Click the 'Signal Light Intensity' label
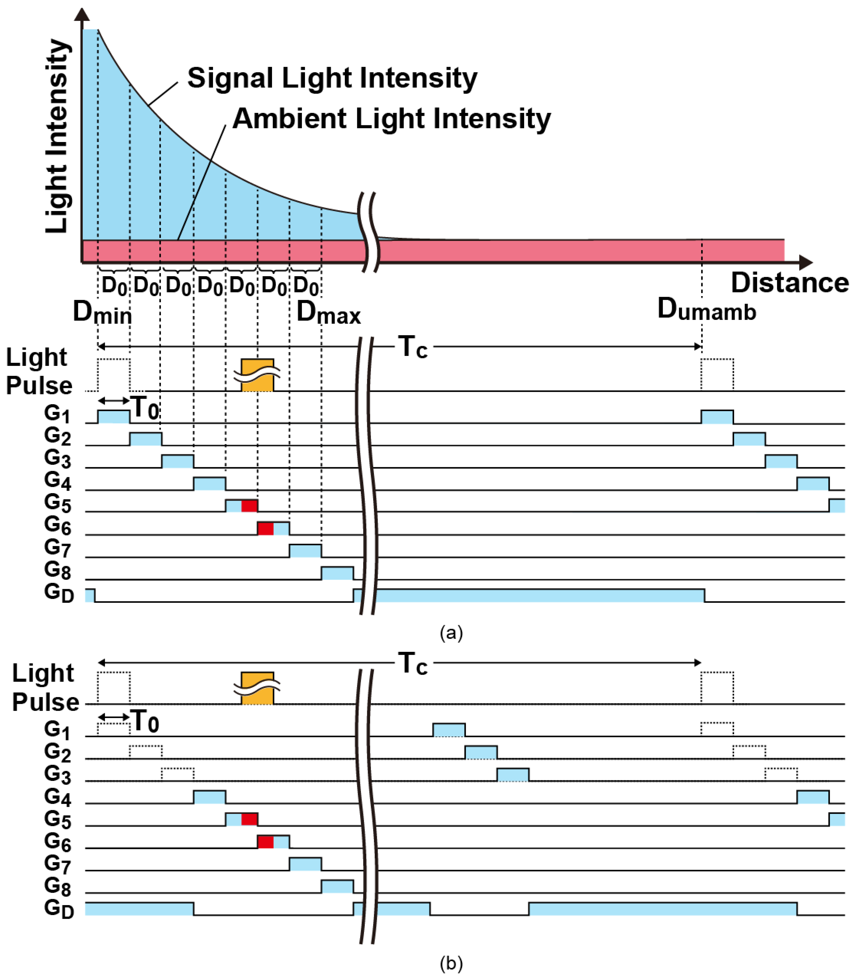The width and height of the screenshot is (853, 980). (332, 78)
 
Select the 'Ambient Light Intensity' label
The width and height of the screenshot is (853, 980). (391, 119)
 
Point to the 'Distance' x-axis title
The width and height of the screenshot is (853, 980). (789, 283)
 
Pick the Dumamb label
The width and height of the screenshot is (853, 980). (706, 309)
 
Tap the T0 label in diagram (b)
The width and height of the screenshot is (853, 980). (145, 721)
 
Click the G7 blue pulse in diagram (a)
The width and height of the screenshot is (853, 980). (305, 551)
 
